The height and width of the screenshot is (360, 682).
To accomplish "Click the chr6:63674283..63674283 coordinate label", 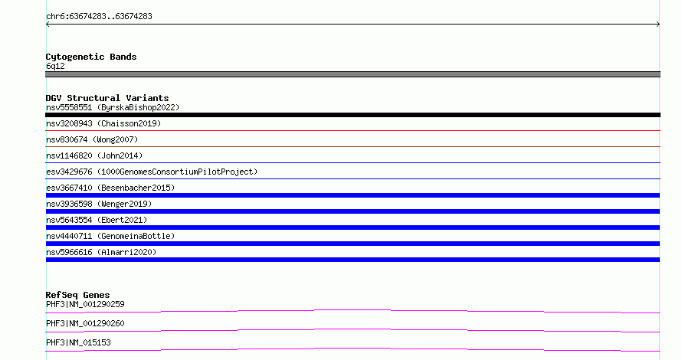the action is tap(99, 16).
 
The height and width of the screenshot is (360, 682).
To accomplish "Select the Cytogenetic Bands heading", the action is tap(91, 57).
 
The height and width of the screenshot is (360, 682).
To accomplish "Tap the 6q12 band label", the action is tap(55, 66).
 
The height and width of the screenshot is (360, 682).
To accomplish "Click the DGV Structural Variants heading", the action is tap(107, 98).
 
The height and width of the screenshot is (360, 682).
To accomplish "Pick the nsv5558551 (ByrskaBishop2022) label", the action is tap(113, 107).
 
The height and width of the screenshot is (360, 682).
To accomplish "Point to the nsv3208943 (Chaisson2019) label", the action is tap(103, 123).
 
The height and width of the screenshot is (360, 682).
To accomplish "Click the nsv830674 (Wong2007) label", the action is tap(92, 139).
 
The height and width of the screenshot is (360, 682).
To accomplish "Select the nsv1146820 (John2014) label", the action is tap(94, 155).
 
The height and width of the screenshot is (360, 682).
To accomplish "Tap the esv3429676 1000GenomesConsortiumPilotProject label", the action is tap(152, 172).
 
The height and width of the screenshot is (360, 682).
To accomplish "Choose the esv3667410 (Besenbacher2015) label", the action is tap(110, 188).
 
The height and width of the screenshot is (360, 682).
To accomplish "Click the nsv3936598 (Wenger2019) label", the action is tap(99, 204).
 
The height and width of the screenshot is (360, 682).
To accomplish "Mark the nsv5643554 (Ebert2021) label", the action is tap(97, 220).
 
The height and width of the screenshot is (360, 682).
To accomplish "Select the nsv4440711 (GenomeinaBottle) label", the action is tap(110, 236).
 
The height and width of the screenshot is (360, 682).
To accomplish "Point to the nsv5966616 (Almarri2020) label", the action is tap(101, 252).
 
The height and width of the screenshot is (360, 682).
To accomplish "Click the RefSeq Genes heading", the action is tap(77, 295).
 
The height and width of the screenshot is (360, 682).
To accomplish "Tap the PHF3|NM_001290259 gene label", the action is tap(85, 304).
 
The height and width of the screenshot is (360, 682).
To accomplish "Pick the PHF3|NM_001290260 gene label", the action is tap(85, 323).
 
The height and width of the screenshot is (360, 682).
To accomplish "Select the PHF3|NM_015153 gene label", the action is tap(78, 342).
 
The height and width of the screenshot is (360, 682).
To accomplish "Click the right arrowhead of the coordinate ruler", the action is tap(658, 25).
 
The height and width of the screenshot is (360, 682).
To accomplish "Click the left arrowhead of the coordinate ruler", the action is tap(47, 25).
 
